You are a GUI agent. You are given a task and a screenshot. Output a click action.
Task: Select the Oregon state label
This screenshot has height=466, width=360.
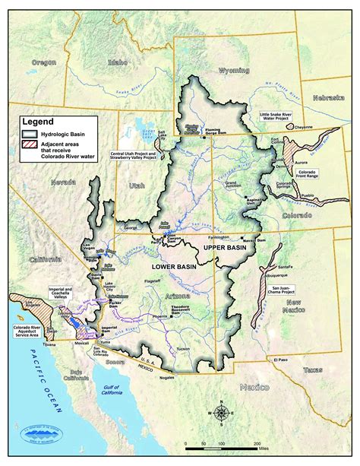pyautogui.click(x=44, y=62)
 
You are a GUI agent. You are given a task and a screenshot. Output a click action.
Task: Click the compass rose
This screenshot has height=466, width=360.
pyautogui.click(x=221, y=413)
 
